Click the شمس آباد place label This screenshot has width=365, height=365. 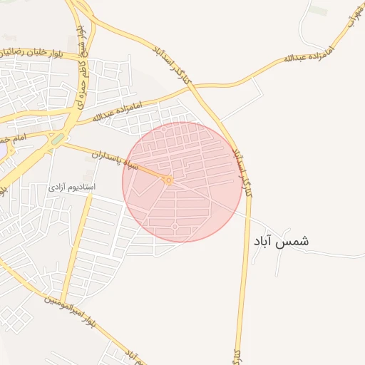coord(281,242)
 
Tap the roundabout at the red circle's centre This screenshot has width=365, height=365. coord(169,180)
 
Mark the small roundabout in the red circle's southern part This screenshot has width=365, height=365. coord(175,227)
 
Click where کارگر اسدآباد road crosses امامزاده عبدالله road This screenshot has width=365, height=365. coord(196,86)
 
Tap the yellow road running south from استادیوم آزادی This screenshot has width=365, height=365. coord(77,242)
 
